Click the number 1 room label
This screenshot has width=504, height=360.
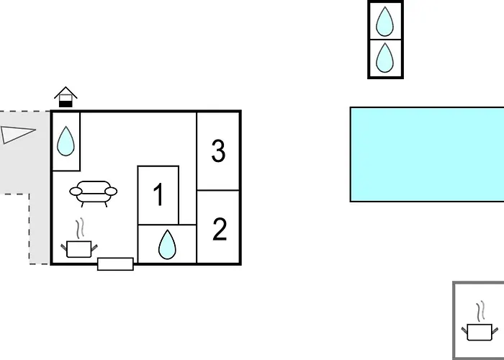[x=158, y=194]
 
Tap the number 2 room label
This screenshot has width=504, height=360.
[x=220, y=229]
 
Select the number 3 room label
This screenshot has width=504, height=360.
[x=219, y=150]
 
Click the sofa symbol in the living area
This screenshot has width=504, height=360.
[x=93, y=194]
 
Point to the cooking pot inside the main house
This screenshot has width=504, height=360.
[x=79, y=249]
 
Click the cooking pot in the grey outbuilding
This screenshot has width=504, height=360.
[x=480, y=332]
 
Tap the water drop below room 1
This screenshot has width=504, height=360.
[x=167, y=245]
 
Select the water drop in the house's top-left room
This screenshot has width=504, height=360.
[x=66, y=141]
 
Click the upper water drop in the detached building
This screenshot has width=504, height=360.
[x=384, y=22]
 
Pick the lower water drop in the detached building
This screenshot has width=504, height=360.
[x=384, y=58]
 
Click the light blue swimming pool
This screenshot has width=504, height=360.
[x=427, y=154]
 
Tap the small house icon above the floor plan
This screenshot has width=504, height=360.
[x=66, y=96]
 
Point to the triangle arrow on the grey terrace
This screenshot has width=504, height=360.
[x=18, y=135]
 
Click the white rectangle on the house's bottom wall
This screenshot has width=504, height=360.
[x=115, y=264]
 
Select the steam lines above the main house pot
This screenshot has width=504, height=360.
[x=80, y=228]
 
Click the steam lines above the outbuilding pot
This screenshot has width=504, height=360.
[x=480, y=311]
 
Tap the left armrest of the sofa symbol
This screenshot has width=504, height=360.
[x=76, y=192]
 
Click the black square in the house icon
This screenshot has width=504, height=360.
[x=66, y=104]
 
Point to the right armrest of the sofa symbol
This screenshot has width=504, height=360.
[x=111, y=192]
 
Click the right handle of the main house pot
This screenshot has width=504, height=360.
[x=94, y=248]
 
